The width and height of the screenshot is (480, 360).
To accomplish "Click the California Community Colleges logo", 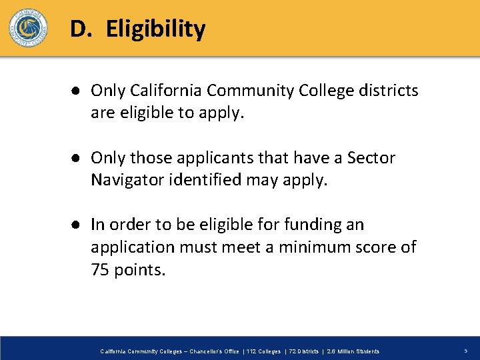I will [x=28, y=28].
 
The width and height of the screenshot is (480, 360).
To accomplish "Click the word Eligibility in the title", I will [x=155, y=29].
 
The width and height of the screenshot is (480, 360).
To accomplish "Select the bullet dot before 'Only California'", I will [x=77, y=91].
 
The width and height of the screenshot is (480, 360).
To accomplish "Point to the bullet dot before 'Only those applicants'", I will [x=77, y=159].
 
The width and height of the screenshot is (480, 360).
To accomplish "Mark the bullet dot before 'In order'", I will [x=77, y=225].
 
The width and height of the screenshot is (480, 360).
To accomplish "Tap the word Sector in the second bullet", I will [x=370, y=158].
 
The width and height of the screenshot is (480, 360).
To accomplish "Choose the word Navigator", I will [x=124, y=181].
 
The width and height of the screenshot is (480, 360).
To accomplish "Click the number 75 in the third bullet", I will [x=99, y=270].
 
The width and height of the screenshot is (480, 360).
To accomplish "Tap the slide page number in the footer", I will [x=465, y=351].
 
